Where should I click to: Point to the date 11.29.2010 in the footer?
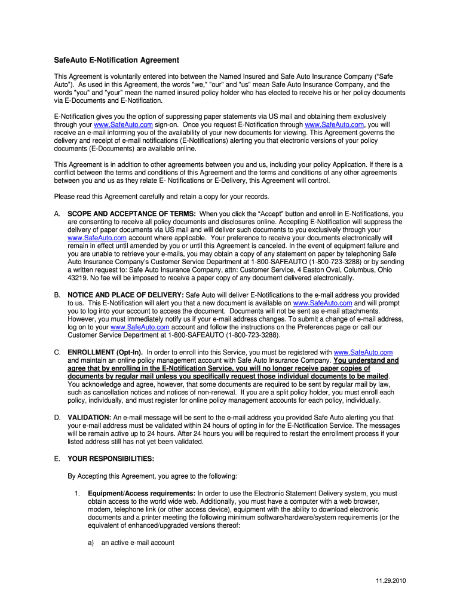[x=391, y=581]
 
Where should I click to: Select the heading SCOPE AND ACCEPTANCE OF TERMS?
[x=131, y=213]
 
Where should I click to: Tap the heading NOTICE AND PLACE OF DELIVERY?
[x=125, y=295]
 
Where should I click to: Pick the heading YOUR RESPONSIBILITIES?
[x=111, y=458]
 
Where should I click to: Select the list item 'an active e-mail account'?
[x=138, y=543]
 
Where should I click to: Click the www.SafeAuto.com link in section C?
[x=363, y=353]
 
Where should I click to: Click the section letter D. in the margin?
[x=57, y=418]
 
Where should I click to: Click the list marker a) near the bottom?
[x=91, y=543]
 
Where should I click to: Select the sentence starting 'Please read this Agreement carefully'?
[x=161, y=197]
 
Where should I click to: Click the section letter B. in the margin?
[x=57, y=295]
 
